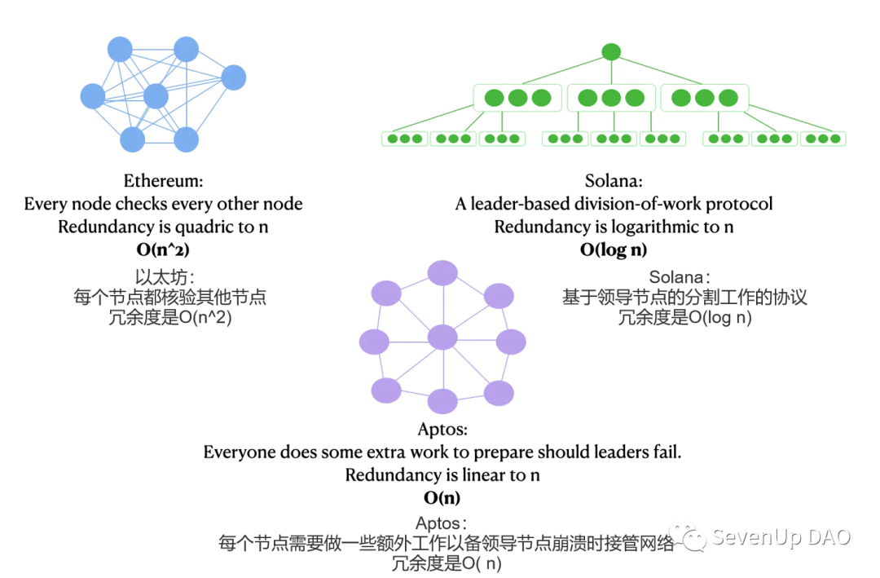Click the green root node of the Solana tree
tap(611, 51)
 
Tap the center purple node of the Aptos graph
tap(443, 337)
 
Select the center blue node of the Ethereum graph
tap(156, 97)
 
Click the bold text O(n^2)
tap(163, 249)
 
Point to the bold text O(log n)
tap(614, 249)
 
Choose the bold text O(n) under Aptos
tap(442, 497)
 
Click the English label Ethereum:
tap(163, 181)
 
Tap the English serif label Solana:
tap(614, 181)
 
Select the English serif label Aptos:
tap(442, 429)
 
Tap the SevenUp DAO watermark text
tap(781, 537)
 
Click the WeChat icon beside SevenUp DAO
tap(693, 537)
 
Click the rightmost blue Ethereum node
tap(234, 77)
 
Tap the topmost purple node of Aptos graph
tap(443, 272)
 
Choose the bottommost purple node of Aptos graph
tap(443, 401)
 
